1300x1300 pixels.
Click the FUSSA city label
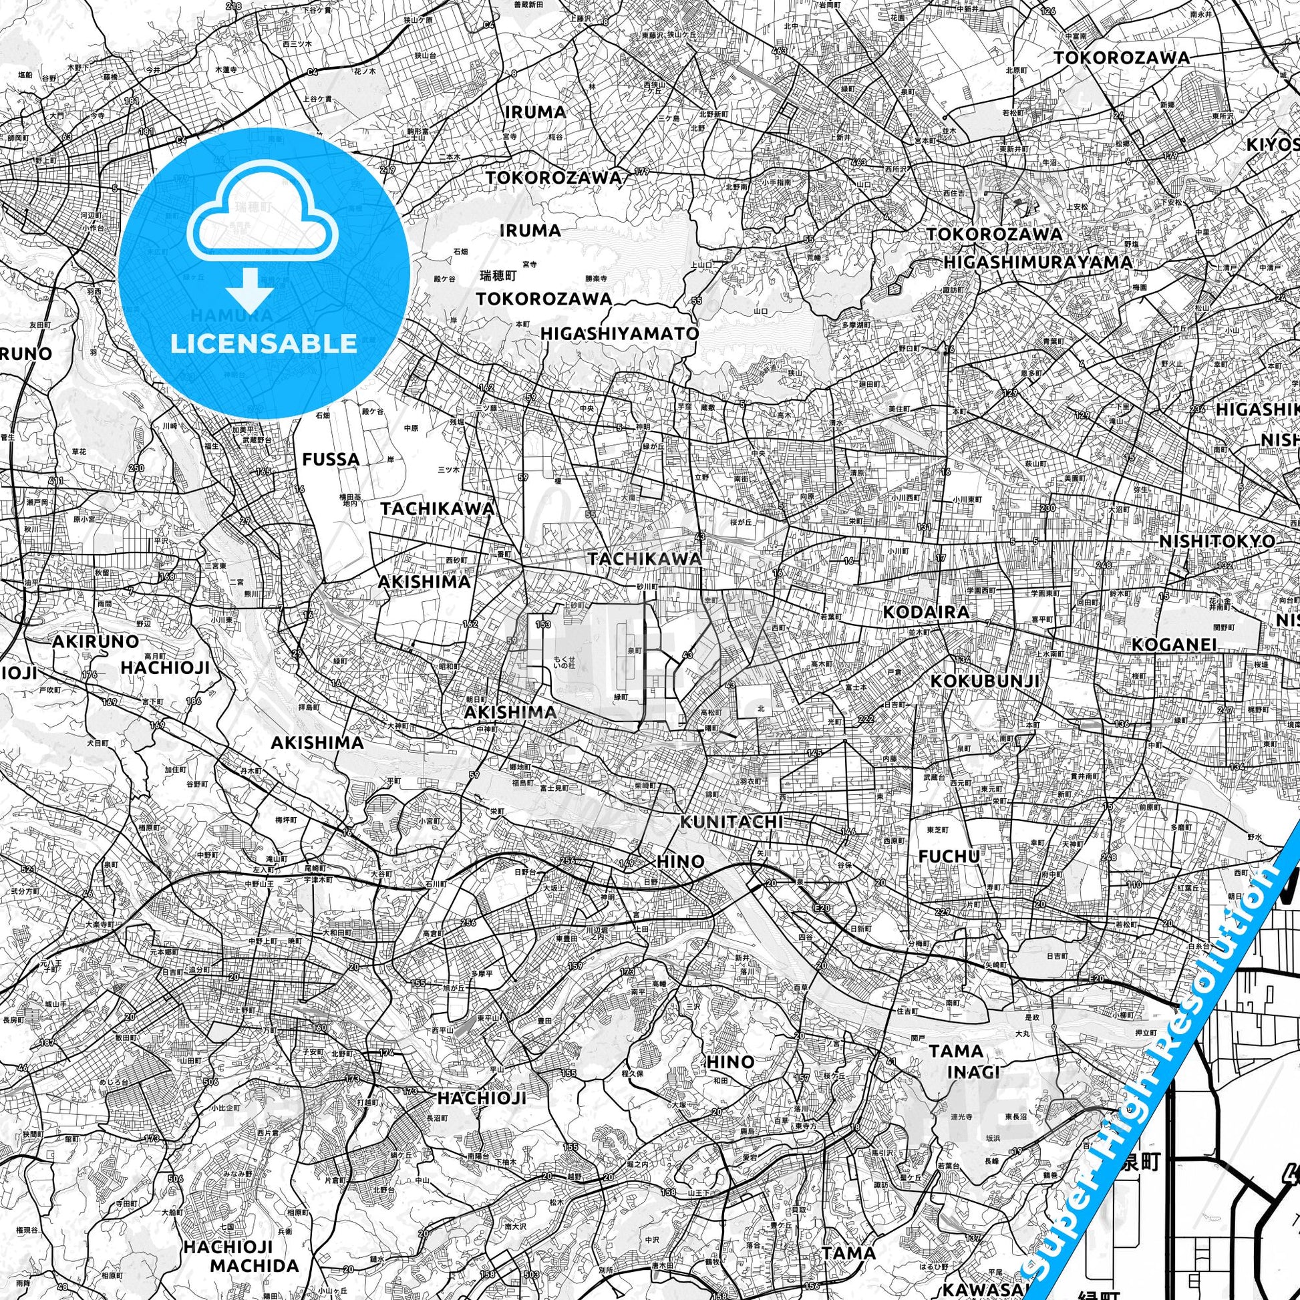(331, 460)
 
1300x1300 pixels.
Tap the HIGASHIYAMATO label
(620, 334)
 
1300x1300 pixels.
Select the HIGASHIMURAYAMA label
(1037, 262)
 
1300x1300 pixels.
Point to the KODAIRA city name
(926, 612)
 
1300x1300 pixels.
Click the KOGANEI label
(1174, 645)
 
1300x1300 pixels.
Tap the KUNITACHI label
(732, 822)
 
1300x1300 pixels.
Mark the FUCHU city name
(949, 856)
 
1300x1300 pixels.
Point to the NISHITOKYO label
(1216, 542)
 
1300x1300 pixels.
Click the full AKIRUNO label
(96, 641)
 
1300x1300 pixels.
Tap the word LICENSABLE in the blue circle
(263, 344)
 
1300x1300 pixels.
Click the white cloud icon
(263, 216)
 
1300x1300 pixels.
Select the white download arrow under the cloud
(249, 287)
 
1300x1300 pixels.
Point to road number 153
(542, 625)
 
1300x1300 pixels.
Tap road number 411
(56, 481)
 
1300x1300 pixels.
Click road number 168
(166, 577)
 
